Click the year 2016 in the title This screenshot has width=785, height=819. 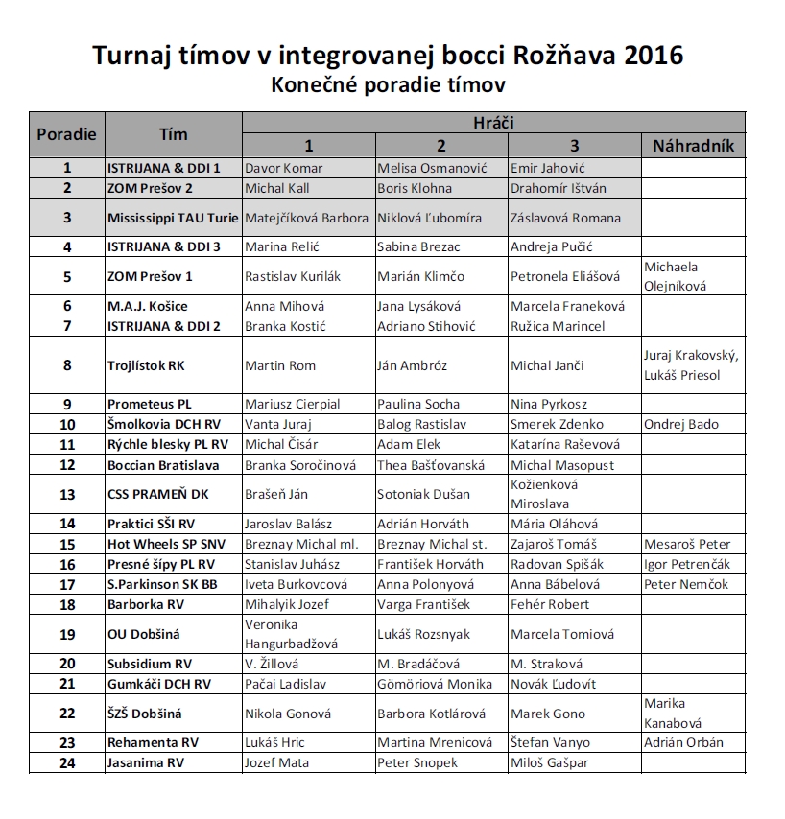[654, 55]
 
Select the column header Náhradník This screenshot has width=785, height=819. [693, 146]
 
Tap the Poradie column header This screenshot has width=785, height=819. [66, 134]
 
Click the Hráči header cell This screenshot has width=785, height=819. [493, 123]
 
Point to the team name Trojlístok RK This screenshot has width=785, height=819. [145, 365]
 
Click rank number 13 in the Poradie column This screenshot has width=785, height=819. [66, 495]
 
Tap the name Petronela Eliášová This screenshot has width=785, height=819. [565, 276]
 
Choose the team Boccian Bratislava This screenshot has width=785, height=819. [163, 465]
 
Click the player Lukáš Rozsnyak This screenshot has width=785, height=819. [422, 634]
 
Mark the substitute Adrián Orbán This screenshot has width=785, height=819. [683, 742]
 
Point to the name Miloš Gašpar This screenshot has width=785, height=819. [551, 762]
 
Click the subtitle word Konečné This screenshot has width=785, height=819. [315, 84]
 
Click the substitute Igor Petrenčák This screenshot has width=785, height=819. [687, 564]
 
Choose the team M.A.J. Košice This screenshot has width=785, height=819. [148, 307]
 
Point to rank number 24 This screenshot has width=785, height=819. [66, 762]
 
